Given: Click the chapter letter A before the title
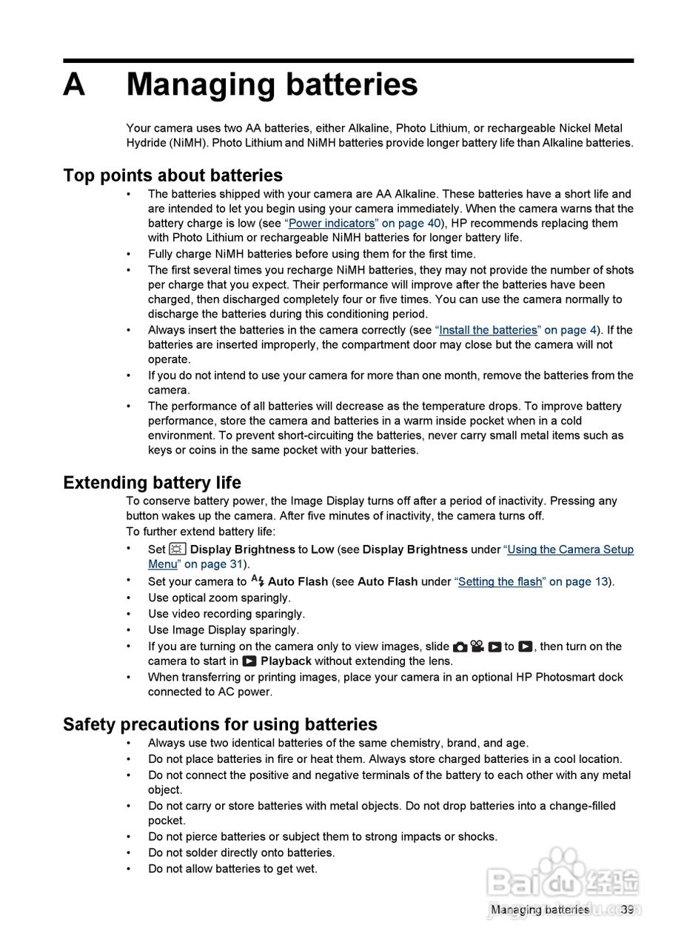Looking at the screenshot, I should pyautogui.click(x=74, y=85).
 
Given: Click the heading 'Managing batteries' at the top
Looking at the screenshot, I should pyautogui.click(x=272, y=85).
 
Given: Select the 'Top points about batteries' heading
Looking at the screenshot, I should pyautogui.click(x=172, y=176).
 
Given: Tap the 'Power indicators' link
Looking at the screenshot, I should pyautogui.click(x=332, y=223).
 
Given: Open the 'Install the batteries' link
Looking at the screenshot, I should pyautogui.click(x=487, y=330).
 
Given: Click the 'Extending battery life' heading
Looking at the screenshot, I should pyautogui.click(x=152, y=483).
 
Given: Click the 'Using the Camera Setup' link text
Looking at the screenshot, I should pyautogui.click(x=570, y=550).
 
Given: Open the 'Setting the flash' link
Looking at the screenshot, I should pyautogui.click(x=500, y=581).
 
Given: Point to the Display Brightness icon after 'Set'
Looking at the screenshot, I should pyautogui.click(x=178, y=549).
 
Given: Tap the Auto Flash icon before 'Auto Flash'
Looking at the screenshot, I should pyautogui.click(x=258, y=581).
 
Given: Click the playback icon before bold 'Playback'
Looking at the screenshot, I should pyautogui.click(x=249, y=661).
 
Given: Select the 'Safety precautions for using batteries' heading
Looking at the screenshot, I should pyautogui.click(x=220, y=724).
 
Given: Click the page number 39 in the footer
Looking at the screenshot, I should pyautogui.click(x=627, y=909).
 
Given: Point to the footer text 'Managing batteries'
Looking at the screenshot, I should pyautogui.click(x=540, y=909).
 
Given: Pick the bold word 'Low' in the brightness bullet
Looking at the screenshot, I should pyautogui.click(x=322, y=550).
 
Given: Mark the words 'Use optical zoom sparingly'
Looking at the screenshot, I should pyautogui.click(x=219, y=598).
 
